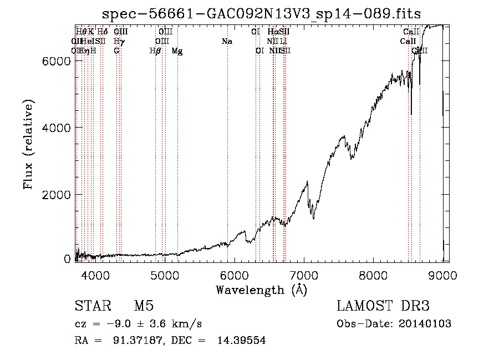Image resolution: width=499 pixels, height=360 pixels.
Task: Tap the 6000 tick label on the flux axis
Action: tap(57, 61)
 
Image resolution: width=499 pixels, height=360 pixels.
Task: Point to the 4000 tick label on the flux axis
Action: tap(57, 128)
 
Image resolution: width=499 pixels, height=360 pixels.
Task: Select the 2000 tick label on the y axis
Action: tap(57, 195)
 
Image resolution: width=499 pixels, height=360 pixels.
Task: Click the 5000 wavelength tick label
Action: tap(165, 275)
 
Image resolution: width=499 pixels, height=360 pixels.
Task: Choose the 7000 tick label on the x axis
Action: tap(304, 275)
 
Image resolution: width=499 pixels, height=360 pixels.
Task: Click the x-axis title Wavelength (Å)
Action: tap(261, 290)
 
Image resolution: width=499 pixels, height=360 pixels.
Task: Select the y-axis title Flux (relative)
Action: tap(28, 144)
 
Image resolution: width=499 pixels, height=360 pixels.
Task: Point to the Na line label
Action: tap(226, 42)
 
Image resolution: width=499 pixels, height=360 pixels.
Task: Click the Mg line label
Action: tap(177, 51)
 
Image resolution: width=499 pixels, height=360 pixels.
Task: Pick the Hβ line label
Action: tap(155, 51)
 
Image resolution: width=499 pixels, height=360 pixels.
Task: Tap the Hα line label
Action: tap(272, 32)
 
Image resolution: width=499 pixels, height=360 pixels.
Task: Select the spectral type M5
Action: tap(144, 306)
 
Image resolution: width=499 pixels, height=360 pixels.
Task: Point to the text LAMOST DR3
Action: tap(383, 306)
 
